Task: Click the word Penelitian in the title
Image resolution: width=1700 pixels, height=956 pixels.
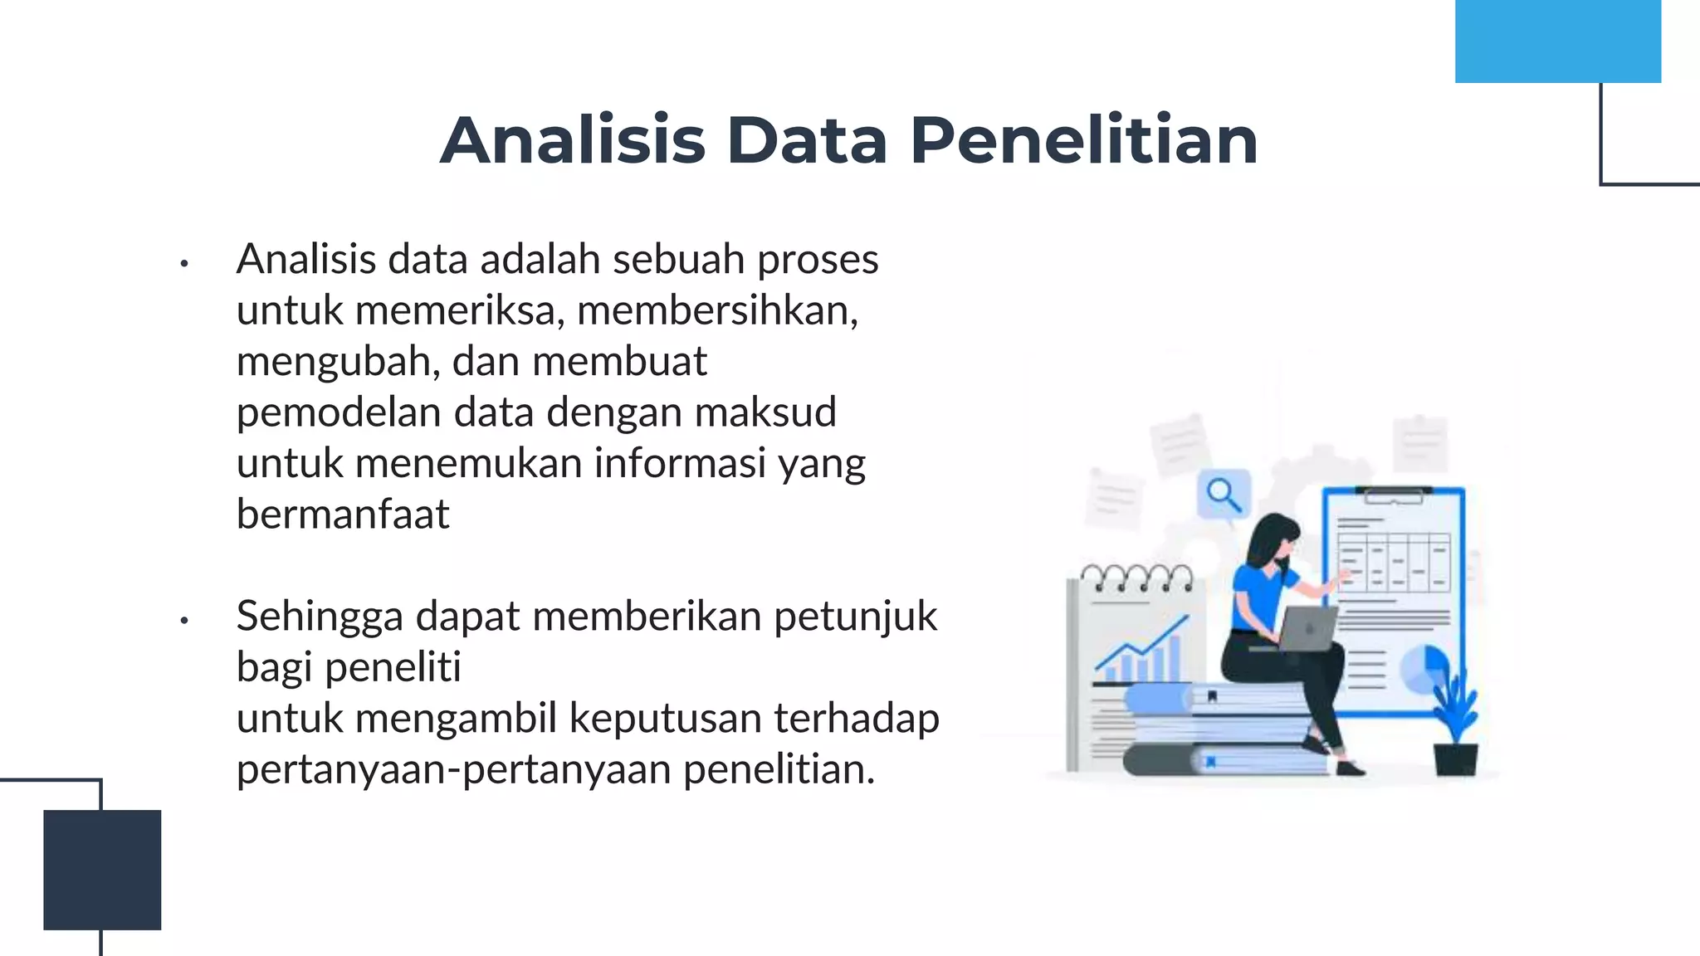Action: click(x=1083, y=140)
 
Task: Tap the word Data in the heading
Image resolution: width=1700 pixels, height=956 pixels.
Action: click(x=807, y=140)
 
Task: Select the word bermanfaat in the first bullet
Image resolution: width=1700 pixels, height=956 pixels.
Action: click(x=343, y=515)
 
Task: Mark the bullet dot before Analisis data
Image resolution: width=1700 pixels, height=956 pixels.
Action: click(x=184, y=264)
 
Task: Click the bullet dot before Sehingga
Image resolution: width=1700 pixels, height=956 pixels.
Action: click(x=184, y=620)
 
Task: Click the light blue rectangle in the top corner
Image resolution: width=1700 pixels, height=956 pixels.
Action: click(x=1557, y=41)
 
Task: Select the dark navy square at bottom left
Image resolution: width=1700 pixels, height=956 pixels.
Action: click(x=102, y=869)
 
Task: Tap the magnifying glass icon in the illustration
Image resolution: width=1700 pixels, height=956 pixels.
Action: click(x=1224, y=495)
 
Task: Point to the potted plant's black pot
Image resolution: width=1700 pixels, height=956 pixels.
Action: click(x=1456, y=758)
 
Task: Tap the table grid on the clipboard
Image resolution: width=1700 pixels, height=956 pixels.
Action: click(x=1394, y=561)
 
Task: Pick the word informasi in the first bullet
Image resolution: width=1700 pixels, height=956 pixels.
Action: click(x=680, y=464)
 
